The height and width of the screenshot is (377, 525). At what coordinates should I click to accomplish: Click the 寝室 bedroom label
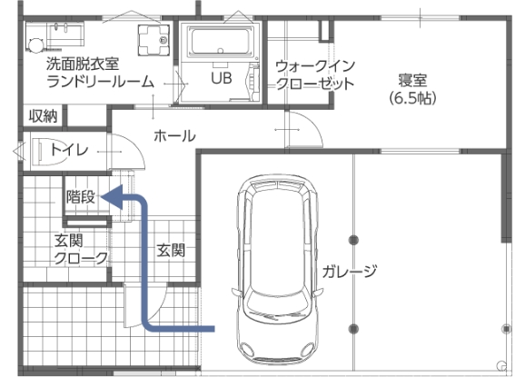click(413, 80)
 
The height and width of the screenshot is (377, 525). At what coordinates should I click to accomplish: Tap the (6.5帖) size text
click(413, 98)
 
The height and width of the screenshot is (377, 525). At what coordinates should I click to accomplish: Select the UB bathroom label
click(222, 78)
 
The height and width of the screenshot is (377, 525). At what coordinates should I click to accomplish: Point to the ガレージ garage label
click(350, 271)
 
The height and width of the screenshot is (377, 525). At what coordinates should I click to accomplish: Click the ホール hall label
click(174, 136)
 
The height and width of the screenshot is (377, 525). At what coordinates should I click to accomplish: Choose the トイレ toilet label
click(69, 149)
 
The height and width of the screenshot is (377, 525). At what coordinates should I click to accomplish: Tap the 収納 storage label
click(44, 116)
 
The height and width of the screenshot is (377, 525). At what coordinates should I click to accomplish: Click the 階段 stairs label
click(81, 196)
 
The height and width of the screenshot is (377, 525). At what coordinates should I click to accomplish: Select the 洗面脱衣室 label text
click(83, 64)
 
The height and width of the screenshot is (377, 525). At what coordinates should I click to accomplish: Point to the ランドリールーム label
click(100, 82)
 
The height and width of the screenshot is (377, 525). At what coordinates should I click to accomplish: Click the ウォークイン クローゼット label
click(315, 75)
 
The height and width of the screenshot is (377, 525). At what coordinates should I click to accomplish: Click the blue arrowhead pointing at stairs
click(112, 197)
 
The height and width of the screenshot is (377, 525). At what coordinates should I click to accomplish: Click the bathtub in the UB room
click(220, 41)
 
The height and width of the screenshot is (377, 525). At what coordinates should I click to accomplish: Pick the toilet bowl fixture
click(50, 152)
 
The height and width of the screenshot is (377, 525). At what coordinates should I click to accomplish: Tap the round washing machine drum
click(35, 45)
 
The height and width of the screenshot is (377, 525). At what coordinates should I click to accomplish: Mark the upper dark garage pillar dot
click(353, 240)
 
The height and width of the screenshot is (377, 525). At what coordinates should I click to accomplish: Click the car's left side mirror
click(236, 292)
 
